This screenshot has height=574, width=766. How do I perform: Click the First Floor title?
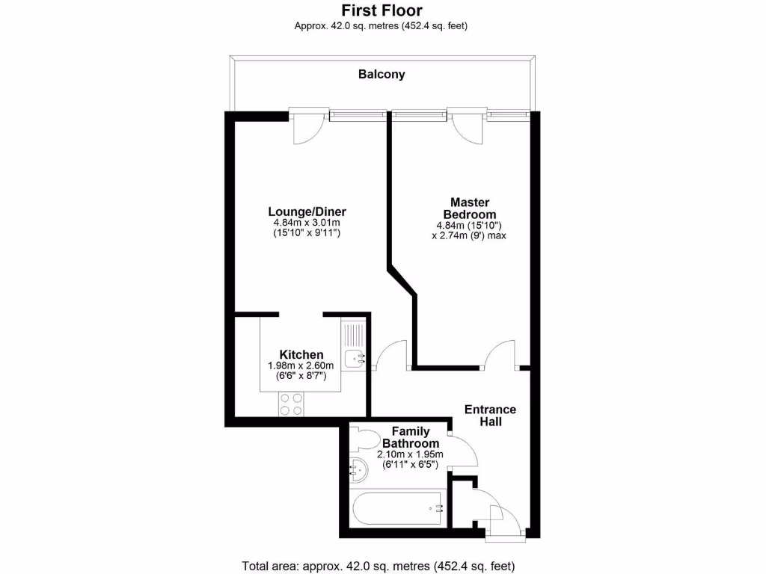[x=382, y=10]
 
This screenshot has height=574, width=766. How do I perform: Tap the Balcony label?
[x=382, y=74]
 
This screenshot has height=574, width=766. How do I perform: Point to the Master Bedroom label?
[x=469, y=209]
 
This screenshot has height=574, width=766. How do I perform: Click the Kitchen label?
[x=301, y=354]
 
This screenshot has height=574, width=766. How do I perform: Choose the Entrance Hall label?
[x=490, y=416]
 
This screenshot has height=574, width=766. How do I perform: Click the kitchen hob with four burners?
[x=292, y=404]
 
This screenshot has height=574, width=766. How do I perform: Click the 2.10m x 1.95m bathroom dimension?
[x=411, y=454]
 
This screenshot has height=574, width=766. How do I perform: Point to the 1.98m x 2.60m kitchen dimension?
[x=301, y=365]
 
